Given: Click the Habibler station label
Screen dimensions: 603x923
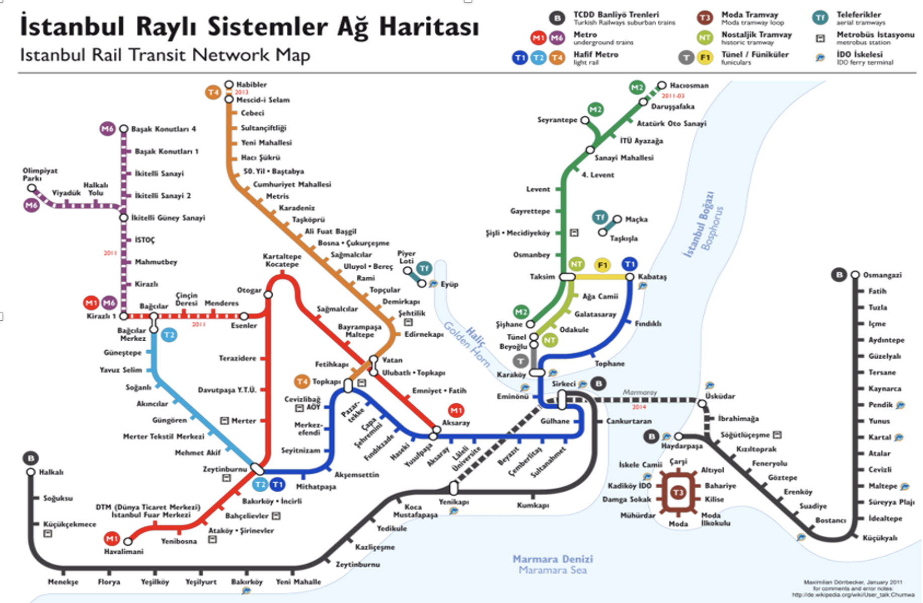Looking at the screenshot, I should (x=251, y=85).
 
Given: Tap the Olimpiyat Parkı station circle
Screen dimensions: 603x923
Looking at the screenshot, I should (x=32, y=188).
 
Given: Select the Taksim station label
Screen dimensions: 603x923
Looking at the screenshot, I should (x=542, y=276).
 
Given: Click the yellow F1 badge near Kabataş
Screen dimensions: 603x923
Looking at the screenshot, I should (x=602, y=265).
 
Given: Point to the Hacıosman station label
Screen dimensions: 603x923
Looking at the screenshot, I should (x=688, y=86).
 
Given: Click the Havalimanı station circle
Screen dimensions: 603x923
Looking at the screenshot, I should (x=128, y=542).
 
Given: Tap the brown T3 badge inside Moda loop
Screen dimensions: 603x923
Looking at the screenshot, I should (x=678, y=492).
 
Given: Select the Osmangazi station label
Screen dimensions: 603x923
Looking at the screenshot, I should (x=882, y=275).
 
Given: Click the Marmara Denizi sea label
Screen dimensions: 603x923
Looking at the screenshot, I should (x=552, y=559).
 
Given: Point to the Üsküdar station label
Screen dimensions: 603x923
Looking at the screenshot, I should (x=720, y=396).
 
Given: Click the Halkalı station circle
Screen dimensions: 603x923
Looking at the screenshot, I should (x=31, y=472).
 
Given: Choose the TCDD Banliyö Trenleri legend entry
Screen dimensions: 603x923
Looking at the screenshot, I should (x=616, y=15).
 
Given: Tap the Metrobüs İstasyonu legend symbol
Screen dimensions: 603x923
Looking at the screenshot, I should (x=820, y=38).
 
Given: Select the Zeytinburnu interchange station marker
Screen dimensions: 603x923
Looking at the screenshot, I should (x=257, y=469).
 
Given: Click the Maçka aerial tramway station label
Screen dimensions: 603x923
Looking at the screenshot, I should (x=636, y=219).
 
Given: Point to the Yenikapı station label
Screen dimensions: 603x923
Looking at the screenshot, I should (x=453, y=502).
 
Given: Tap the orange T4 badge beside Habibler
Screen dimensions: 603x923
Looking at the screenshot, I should (x=213, y=92).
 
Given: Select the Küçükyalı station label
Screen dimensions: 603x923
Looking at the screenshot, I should (x=879, y=538).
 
